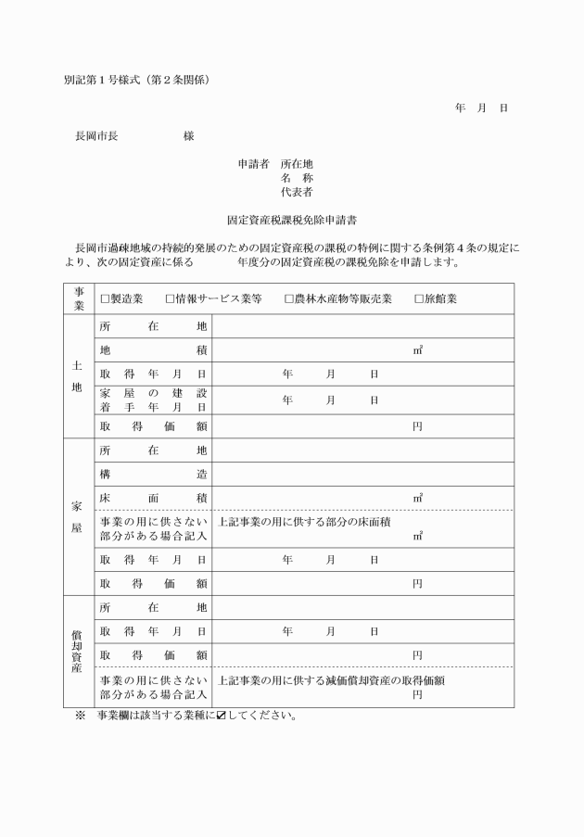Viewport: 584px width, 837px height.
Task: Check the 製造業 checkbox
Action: tap(105, 299)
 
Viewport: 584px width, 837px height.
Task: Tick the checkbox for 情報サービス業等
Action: tap(171, 299)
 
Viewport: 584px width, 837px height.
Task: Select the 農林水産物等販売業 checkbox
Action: tap(289, 299)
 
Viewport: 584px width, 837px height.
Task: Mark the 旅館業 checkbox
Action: tap(419, 299)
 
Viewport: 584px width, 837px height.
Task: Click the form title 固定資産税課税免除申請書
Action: tap(293, 222)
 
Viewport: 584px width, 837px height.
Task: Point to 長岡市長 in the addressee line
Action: tap(96, 136)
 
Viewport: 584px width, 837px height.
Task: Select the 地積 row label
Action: tap(153, 350)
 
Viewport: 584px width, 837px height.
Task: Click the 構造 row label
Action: tap(153, 474)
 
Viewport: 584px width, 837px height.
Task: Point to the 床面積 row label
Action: tap(153, 498)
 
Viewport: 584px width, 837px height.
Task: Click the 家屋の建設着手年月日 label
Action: tap(153, 400)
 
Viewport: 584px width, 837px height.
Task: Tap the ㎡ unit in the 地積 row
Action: tap(418, 350)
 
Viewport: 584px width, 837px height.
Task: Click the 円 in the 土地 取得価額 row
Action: tap(418, 426)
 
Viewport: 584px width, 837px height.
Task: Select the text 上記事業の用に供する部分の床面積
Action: tap(303, 522)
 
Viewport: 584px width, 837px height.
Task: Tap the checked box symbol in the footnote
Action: tap(221, 717)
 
